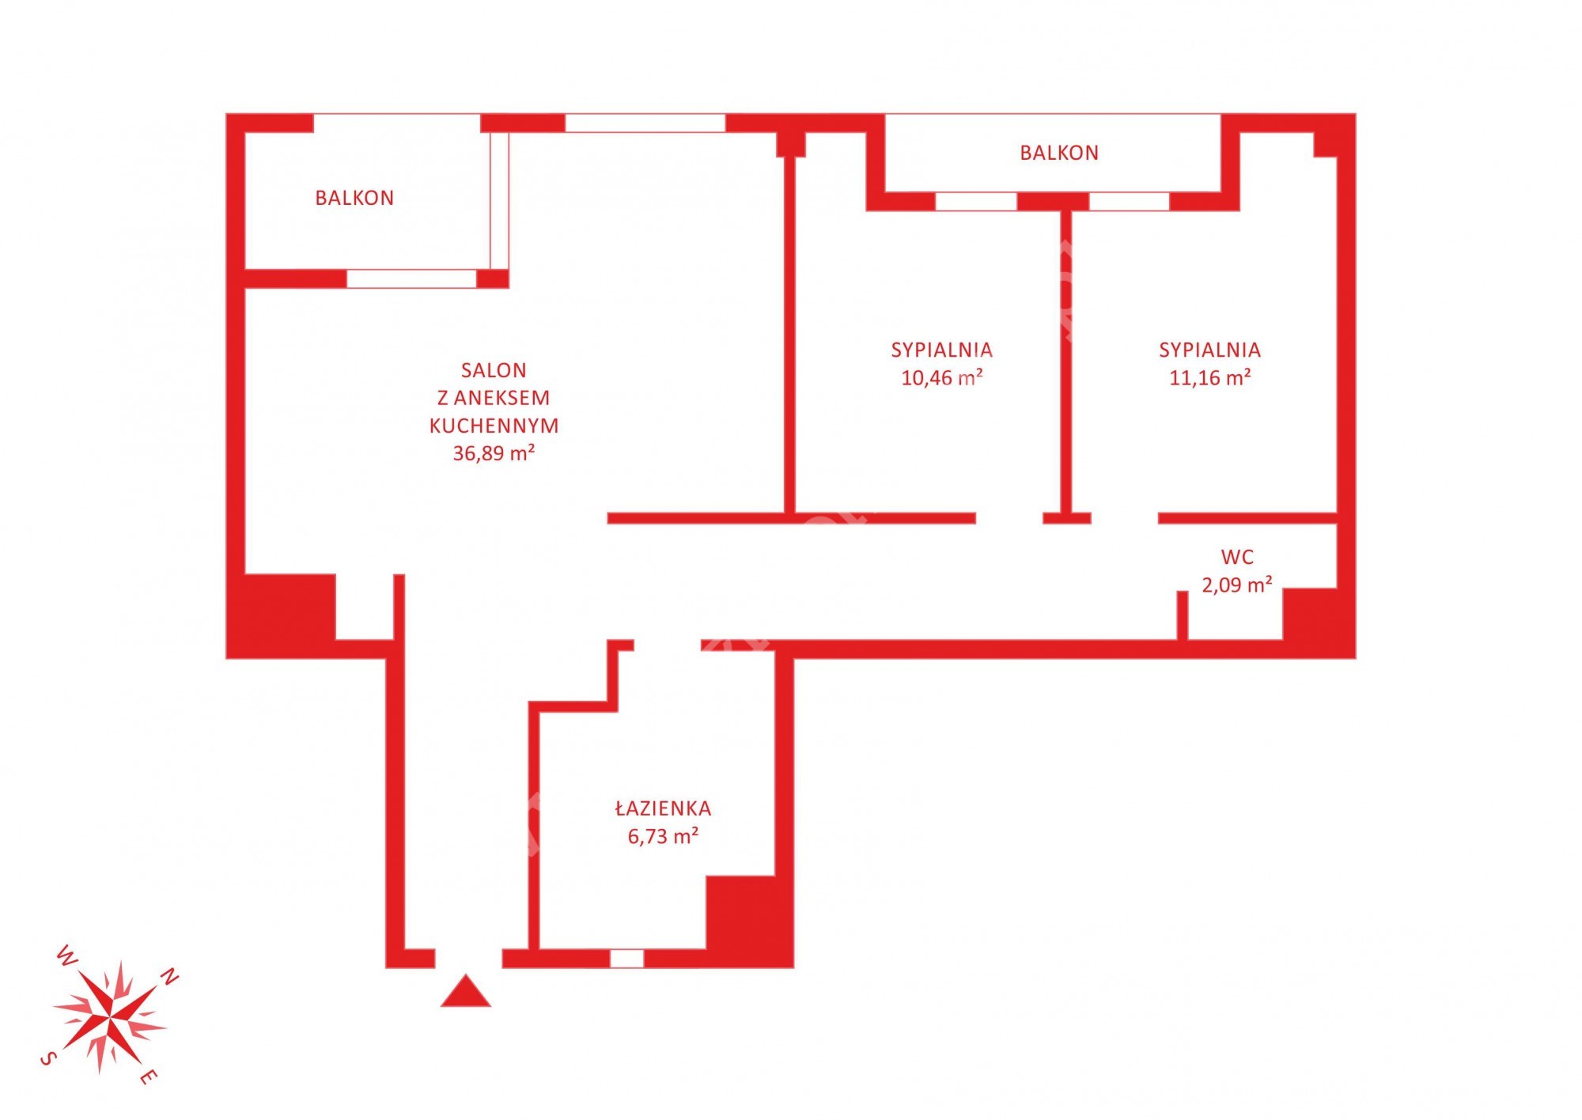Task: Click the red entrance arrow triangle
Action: [465, 992]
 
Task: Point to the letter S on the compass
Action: [48, 1058]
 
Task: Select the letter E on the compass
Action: [149, 1076]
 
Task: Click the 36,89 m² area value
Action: [494, 453]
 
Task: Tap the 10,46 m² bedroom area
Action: [941, 377]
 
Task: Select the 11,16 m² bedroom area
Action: [1209, 377]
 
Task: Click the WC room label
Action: [1237, 557]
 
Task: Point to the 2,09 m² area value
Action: [1237, 585]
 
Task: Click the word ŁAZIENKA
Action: [663, 808]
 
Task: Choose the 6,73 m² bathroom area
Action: [663, 836]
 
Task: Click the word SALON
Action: [494, 370]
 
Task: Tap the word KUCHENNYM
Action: [494, 426]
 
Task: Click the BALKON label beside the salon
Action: [354, 198]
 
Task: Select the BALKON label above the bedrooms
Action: [1059, 153]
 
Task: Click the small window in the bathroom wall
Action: [626, 958]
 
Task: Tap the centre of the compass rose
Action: [110, 1016]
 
